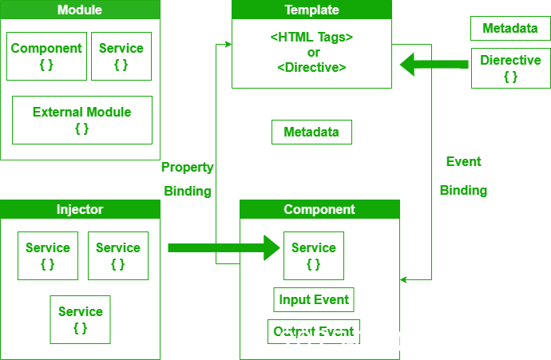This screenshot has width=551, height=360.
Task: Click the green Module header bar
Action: pos(80,10)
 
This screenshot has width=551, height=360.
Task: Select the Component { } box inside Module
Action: pos(46,56)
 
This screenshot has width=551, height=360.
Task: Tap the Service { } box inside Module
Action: pos(121,56)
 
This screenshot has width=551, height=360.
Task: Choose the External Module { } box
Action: pos(81,120)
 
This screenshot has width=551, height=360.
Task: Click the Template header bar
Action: pos(311,10)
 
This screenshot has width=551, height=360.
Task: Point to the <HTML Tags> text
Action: pos(311,38)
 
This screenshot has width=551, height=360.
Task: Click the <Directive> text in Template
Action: pos(311,68)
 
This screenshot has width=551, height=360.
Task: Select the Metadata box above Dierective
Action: pos(510,29)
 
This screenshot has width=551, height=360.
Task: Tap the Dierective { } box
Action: pos(510,68)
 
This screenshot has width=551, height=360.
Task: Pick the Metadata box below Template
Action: pos(311,133)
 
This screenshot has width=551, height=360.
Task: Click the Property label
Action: pos(188,168)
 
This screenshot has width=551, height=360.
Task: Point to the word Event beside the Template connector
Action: pos(463,161)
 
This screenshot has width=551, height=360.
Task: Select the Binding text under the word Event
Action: pos(463,191)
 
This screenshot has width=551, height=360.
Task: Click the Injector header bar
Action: pos(80,209)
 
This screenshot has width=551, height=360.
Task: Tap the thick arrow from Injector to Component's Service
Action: pos(224,247)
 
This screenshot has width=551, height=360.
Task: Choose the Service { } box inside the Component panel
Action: pos(313,255)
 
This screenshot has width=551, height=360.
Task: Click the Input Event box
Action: pos(313,300)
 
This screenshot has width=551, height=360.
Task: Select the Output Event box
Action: pos(313,330)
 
